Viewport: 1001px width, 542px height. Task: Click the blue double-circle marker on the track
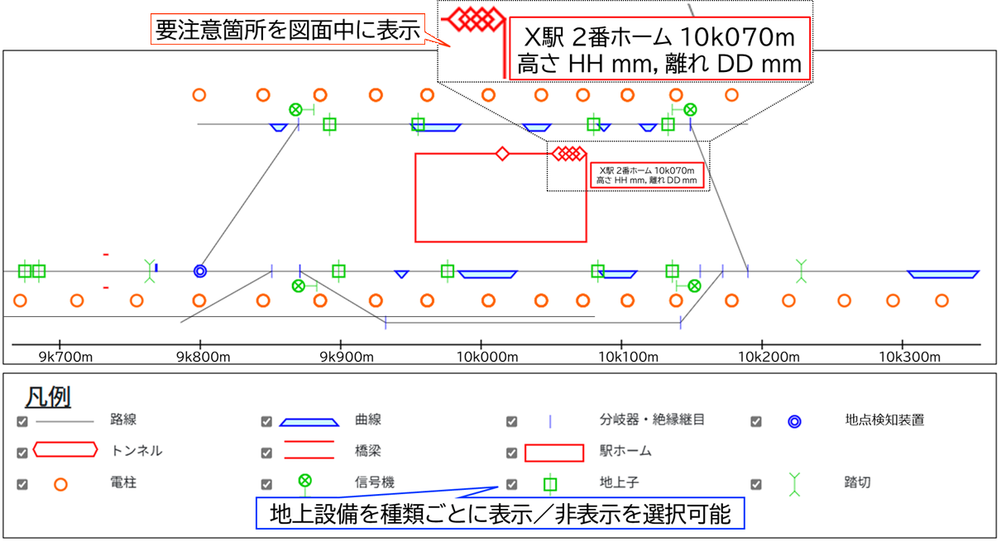(199, 271)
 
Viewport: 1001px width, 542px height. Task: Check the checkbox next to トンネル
(22, 453)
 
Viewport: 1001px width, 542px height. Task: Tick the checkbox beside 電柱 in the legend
(22, 484)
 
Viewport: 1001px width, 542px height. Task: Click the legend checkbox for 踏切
(755, 484)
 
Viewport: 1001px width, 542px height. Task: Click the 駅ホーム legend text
(625, 452)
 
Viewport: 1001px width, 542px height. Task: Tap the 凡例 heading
(48, 397)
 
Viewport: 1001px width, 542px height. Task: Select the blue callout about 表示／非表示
(500, 514)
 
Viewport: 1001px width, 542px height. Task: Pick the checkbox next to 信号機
(266, 484)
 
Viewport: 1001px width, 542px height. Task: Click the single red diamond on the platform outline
(501, 153)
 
